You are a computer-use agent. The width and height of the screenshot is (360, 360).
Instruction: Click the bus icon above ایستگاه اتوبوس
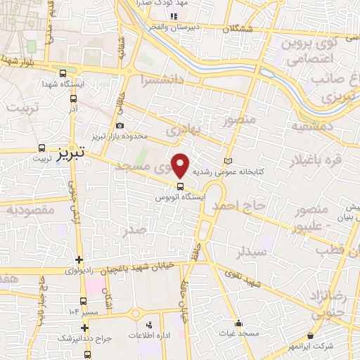pos(181,187)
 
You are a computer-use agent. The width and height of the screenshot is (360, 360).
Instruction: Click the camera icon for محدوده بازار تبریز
pos(120,126)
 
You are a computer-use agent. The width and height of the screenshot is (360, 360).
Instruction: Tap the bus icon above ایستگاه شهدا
pos(64,73)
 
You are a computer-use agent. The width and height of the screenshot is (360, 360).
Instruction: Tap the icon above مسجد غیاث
pos(240,325)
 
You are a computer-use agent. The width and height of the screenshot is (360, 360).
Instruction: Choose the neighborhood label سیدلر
pos(252,251)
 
